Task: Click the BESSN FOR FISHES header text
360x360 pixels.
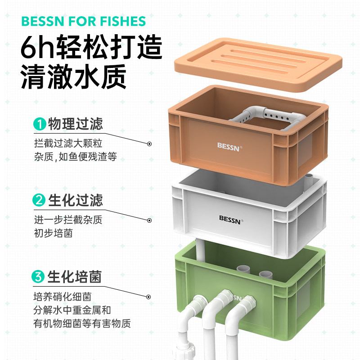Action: [x=83, y=21]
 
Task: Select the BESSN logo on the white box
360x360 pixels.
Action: [x=231, y=218]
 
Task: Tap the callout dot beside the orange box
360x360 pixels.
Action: [x=149, y=144]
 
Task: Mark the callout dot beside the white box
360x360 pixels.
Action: [x=149, y=220]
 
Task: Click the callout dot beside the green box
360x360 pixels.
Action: [x=149, y=297]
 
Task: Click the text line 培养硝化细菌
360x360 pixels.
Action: [x=63, y=297]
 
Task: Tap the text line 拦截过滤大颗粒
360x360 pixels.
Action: [x=68, y=144]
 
